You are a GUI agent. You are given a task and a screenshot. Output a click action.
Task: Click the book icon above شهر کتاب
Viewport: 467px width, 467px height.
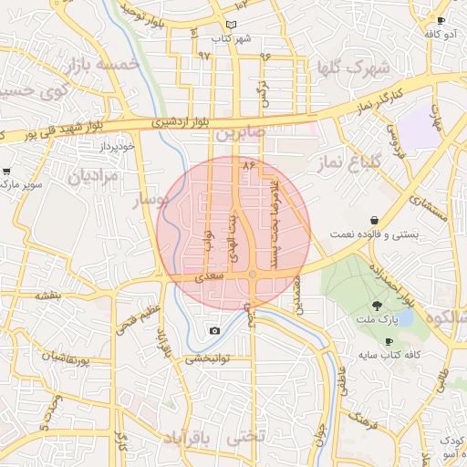click(x=231, y=25)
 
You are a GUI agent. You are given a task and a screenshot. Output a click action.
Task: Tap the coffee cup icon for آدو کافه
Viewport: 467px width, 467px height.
click(x=441, y=20)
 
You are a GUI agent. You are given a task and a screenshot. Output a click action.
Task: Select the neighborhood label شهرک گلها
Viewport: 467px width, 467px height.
click(x=353, y=67)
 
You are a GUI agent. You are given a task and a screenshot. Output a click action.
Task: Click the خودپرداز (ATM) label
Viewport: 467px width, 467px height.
click(x=119, y=146)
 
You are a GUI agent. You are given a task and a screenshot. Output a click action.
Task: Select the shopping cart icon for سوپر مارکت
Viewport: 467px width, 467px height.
click(x=7, y=171)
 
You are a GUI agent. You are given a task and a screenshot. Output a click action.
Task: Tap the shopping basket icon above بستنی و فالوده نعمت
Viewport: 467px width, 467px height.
click(x=375, y=221)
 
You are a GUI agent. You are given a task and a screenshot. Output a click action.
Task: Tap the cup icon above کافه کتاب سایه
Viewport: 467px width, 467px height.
click(x=389, y=341)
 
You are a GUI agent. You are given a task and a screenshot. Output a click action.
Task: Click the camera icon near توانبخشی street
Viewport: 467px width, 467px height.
click(x=214, y=330)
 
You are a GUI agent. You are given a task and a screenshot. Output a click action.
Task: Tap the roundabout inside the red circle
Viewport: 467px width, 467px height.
click(x=253, y=274)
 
